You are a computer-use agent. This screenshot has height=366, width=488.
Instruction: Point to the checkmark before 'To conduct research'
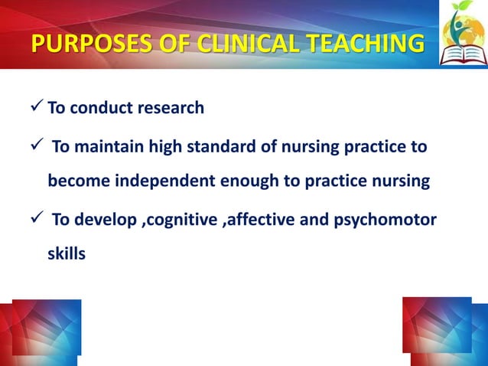pyautogui.click(x=37, y=107)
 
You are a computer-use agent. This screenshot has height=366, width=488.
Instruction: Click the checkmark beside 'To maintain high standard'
pyautogui.click(x=37, y=145)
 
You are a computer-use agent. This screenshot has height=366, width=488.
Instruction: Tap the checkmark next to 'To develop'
pyautogui.click(x=37, y=221)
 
